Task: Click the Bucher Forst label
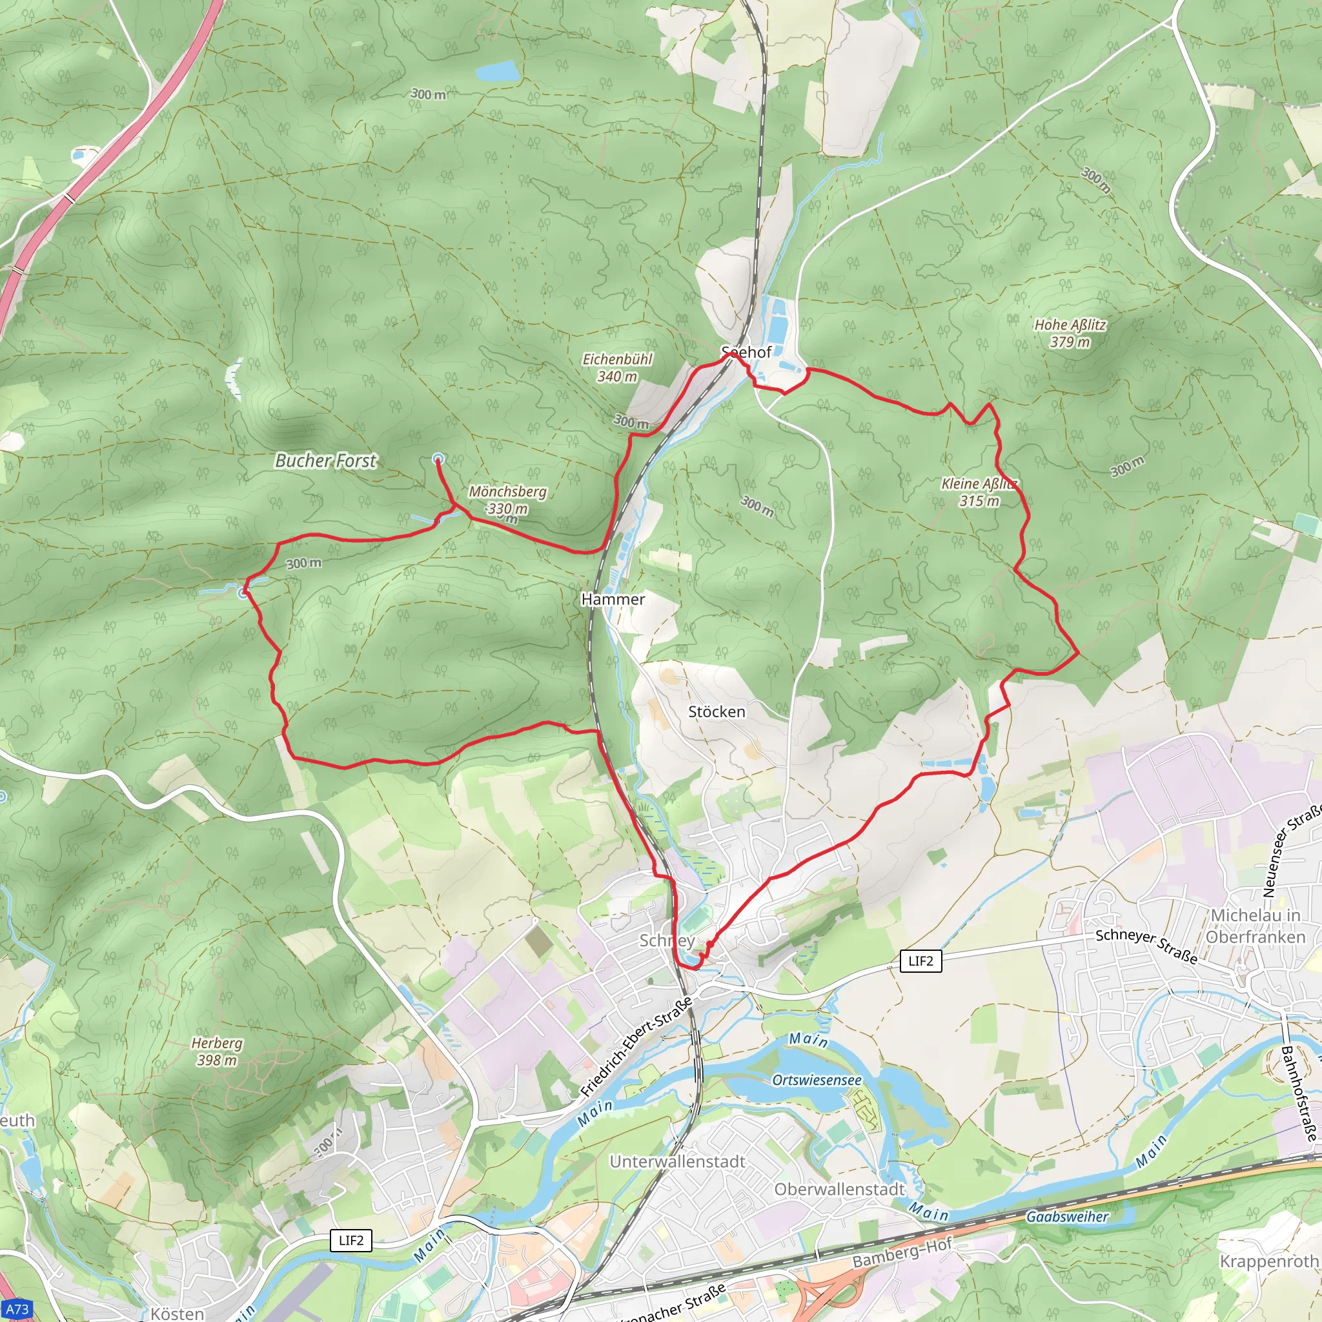pyautogui.click(x=326, y=460)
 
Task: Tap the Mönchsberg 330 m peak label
pyautogui.click(x=508, y=500)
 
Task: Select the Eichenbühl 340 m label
pyautogui.click(x=617, y=367)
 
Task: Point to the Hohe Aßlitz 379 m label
pyautogui.click(x=1070, y=333)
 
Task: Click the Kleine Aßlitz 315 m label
pyautogui.click(x=979, y=492)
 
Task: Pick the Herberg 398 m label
pyautogui.click(x=217, y=1051)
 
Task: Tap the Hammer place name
pyautogui.click(x=613, y=600)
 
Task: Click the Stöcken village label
pyautogui.click(x=717, y=711)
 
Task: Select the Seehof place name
pyautogui.click(x=747, y=352)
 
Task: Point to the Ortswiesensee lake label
pyautogui.click(x=817, y=1080)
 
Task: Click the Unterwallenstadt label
pyautogui.click(x=677, y=1161)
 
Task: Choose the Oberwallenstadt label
pyautogui.click(x=840, y=1189)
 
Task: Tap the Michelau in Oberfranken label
pyautogui.click(x=1256, y=926)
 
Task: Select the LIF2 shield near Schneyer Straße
pyautogui.click(x=920, y=961)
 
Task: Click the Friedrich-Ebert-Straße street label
pyautogui.click(x=636, y=1047)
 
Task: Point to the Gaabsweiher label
pyautogui.click(x=1067, y=1217)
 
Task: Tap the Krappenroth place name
pyautogui.click(x=1268, y=1261)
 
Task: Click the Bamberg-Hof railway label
pyautogui.click(x=902, y=1253)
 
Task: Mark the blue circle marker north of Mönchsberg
pyautogui.click(x=438, y=459)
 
